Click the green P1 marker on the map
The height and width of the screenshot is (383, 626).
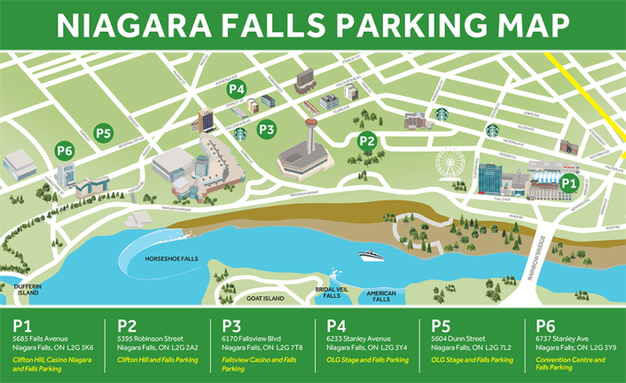tap(568, 183)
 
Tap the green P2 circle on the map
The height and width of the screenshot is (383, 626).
tap(366, 140)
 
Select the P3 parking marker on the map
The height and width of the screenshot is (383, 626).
tap(266, 129)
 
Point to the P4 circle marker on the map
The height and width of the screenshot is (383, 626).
tap(236, 89)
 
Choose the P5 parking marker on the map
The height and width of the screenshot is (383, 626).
tap(104, 134)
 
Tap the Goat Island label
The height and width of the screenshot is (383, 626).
tap(265, 299)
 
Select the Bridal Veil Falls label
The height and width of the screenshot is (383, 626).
tap(327, 293)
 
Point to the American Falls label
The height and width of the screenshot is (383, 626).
tap(381, 297)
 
